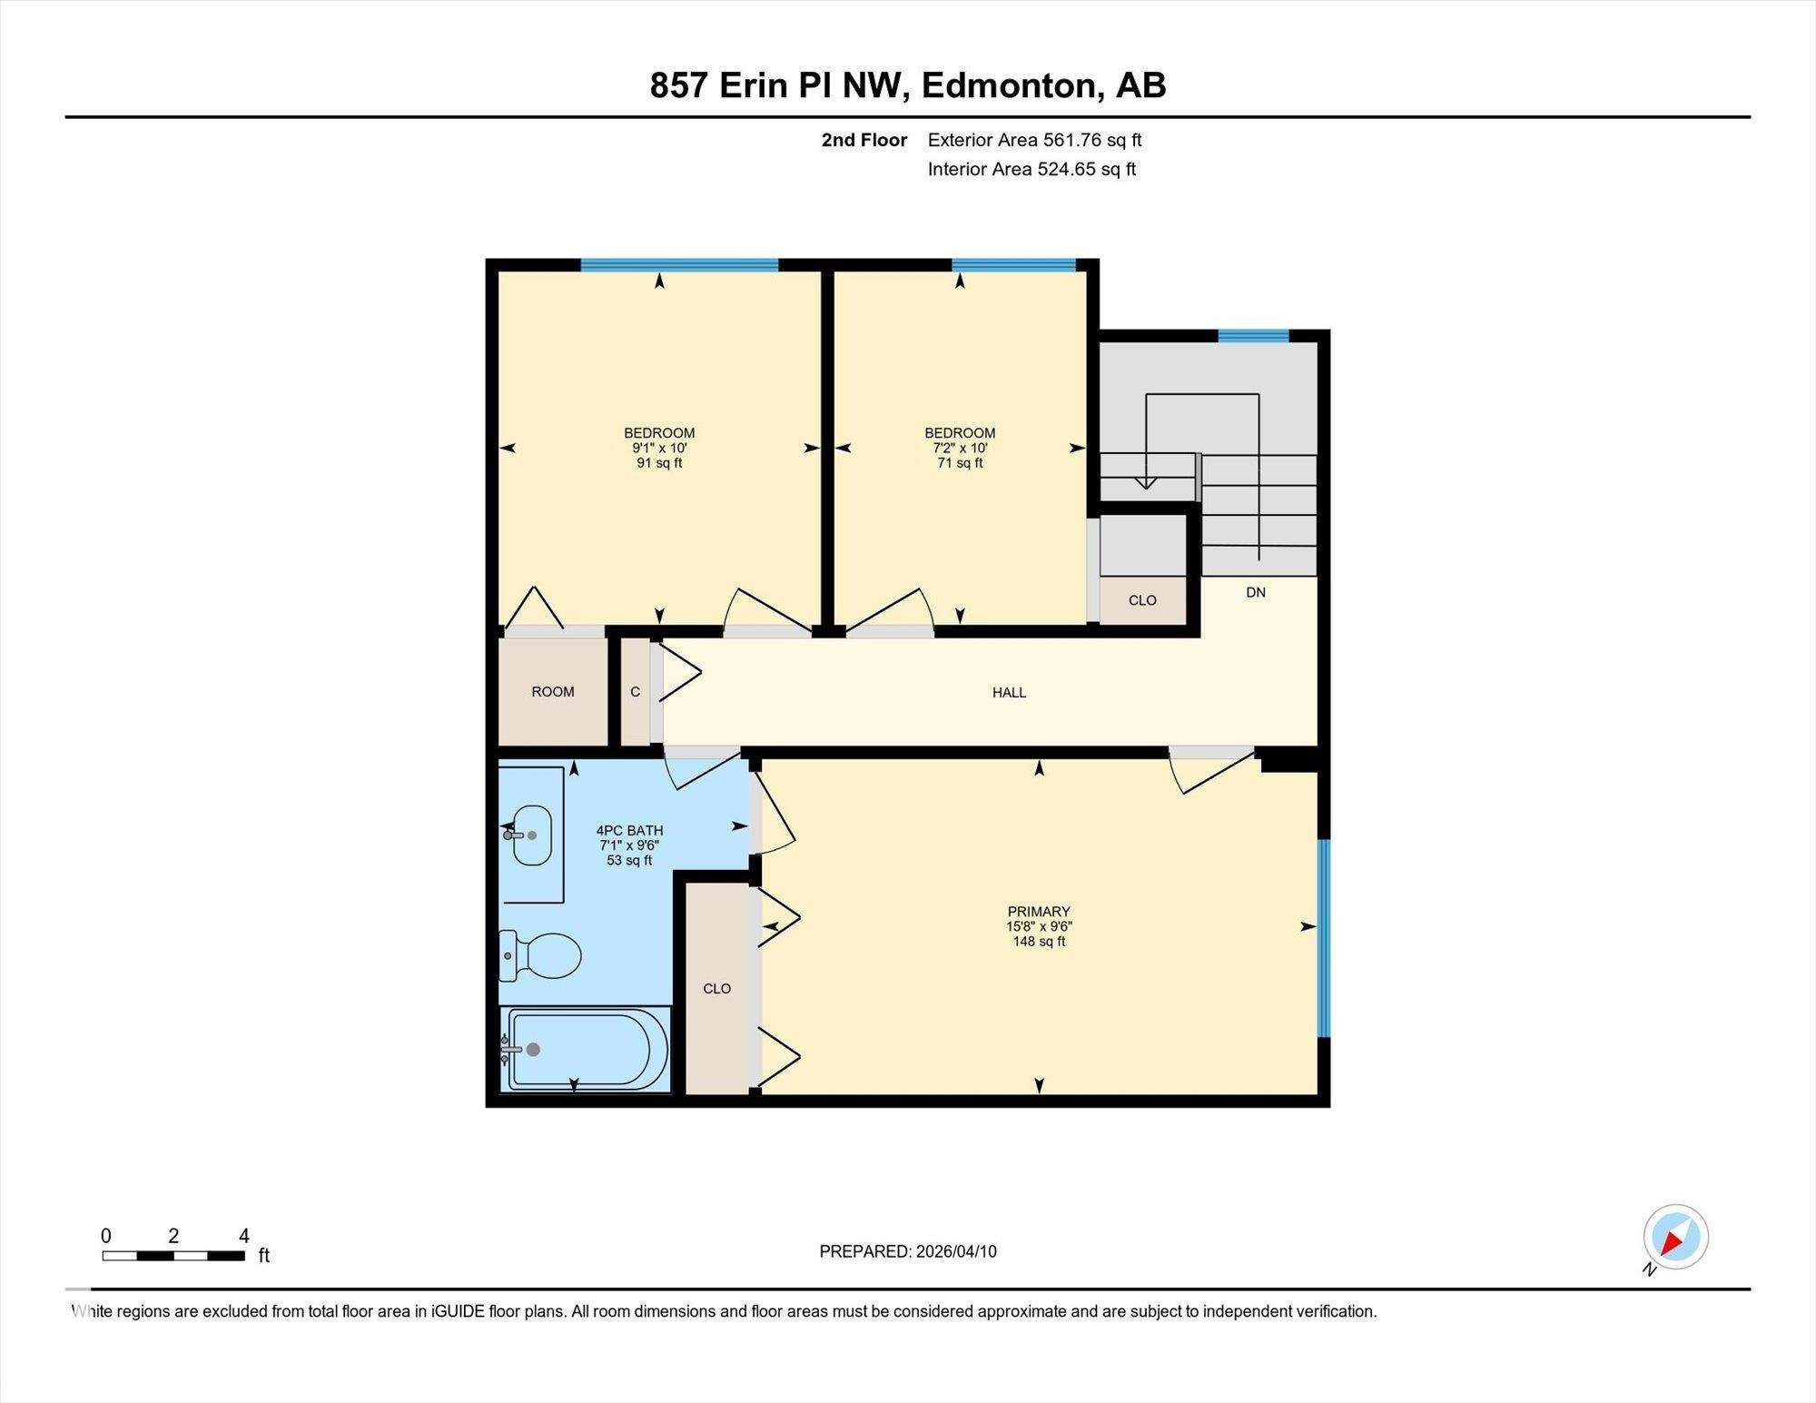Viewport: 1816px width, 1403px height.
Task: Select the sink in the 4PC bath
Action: tap(532, 835)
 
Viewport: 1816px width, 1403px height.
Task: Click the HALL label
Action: tap(1009, 693)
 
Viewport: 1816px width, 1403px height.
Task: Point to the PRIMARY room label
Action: tap(1039, 912)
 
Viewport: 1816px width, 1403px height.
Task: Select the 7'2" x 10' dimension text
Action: tap(960, 448)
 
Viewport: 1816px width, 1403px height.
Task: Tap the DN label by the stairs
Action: tap(1256, 592)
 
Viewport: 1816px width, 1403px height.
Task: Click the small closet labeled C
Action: tap(636, 692)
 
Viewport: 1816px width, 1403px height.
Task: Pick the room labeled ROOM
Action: tap(553, 692)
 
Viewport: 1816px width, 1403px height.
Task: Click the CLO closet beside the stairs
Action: tap(1142, 600)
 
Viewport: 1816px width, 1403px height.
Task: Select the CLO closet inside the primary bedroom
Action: tap(716, 988)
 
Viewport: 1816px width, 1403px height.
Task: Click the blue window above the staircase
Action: tap(1253, 336)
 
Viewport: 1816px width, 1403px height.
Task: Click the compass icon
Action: tap(1675, 1237)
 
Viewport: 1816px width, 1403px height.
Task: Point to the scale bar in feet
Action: tap(173, 1256)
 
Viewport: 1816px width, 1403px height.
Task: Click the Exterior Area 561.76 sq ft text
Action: tap(1034, 140)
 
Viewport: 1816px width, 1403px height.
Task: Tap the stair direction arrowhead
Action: tap(1146, 483)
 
